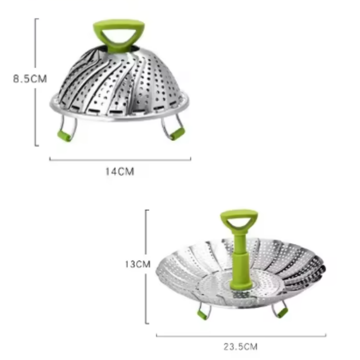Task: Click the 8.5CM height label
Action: pos(30,79)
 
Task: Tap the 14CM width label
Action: pos(120,171)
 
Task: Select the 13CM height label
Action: pos(138,264)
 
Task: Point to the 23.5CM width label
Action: pos(241,346)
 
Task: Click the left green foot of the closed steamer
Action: pos(64,135)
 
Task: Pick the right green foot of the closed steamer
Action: pos(177,134)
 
